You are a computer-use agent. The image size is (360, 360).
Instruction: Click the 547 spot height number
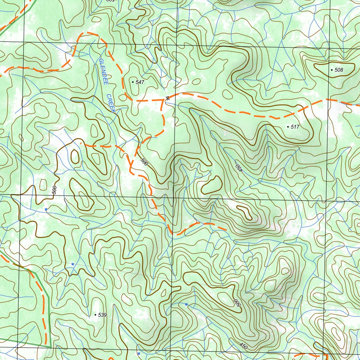click(140, 82)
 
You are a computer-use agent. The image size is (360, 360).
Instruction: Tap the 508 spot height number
click(339, 70)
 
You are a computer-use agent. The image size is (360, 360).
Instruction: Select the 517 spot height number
click(295, 127)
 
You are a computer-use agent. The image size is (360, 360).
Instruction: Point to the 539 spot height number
click(102, 315)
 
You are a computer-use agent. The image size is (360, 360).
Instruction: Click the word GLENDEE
click(103, 71)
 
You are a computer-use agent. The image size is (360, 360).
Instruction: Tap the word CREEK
click(111, 103)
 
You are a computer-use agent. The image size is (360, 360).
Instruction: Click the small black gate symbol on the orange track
click(167, 98)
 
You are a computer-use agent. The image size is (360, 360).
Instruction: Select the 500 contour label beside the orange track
click(144, 162)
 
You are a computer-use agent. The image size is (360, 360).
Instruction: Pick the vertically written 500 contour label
click(54, 190)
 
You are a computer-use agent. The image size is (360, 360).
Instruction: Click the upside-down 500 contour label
click(237, 302)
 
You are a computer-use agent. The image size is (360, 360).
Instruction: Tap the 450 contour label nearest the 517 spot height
click(239, 168)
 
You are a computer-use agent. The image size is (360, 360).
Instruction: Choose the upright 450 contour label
click(244, 346)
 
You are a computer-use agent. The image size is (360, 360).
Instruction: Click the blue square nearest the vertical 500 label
click(46, 209)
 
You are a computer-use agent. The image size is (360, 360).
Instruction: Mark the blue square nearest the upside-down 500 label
click(186, 304)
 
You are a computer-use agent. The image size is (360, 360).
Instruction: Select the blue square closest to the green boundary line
click(73, 264)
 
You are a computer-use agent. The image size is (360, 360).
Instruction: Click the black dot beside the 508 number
click(332, 70)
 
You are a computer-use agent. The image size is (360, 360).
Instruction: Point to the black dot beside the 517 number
click(288, 127)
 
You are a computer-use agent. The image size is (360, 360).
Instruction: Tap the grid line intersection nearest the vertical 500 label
click(22, 194)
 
